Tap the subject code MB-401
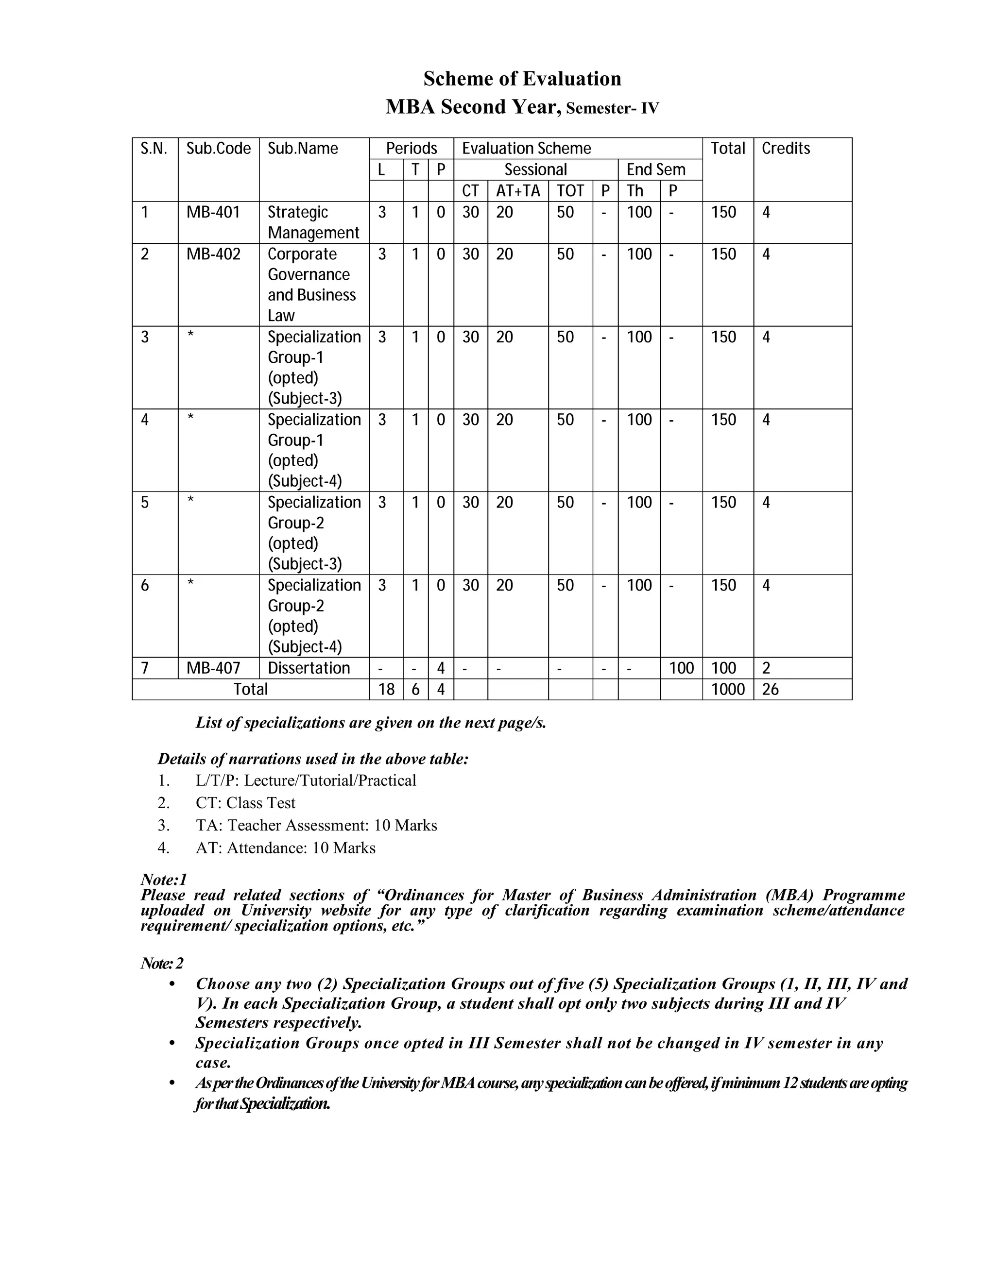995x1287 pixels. coord(213,212)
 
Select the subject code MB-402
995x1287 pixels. coord(213,254)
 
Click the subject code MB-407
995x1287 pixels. coord(213,668)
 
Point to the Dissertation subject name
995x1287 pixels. coord(309,668)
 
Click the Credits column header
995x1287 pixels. coord(786,149)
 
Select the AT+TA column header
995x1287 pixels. coord(517,191)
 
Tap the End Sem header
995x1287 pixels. coord(655,169)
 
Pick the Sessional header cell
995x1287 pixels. coord(535,169)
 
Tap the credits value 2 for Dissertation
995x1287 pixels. coord(766,668)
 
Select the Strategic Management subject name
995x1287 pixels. coord(313,222)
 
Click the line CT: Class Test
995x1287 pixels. coord(245,803)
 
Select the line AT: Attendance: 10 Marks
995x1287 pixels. coord(285,847)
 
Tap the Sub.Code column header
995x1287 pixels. coord(218,149)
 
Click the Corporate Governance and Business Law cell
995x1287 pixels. coord(311,285)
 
